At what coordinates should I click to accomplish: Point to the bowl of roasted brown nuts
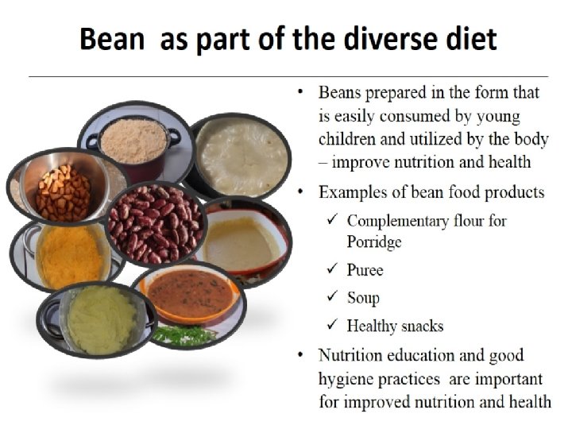tap(63, 191)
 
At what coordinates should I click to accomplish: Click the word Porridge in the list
tap(375, 242)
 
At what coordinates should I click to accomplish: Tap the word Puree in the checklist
tap(365, 270)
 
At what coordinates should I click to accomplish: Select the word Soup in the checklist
tap(363, 298)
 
